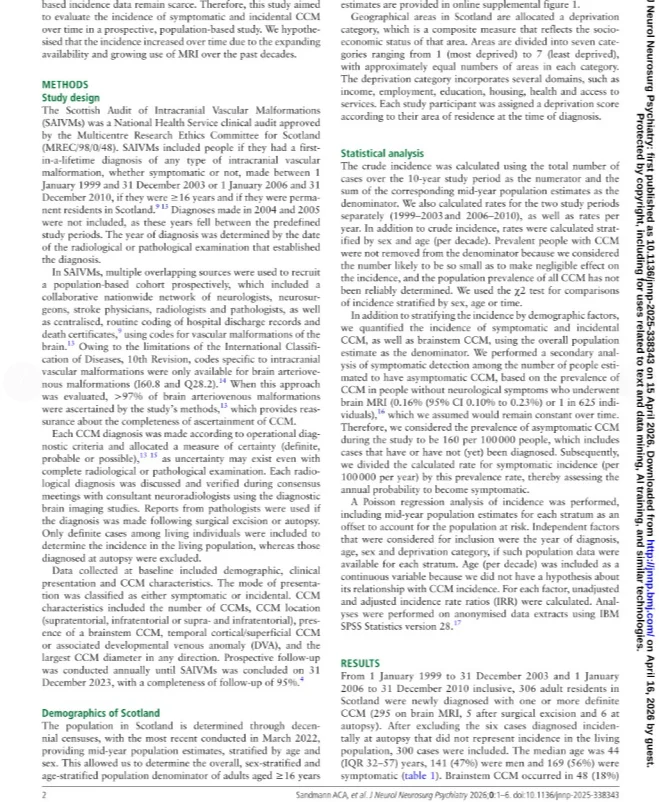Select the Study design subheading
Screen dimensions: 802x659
71,99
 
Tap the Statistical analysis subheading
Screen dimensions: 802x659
382,153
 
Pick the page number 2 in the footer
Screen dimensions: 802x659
44,794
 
